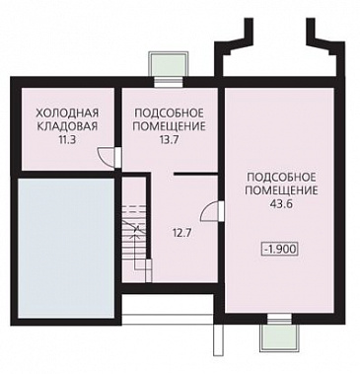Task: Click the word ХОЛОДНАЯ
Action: [61, 112]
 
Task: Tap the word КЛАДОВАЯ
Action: [61, 126]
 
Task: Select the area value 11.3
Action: [61, 141]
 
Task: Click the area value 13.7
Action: [168, 141]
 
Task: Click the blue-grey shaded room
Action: [61, 237]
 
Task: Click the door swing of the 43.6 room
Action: [209, 210]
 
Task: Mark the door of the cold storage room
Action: [112, 157]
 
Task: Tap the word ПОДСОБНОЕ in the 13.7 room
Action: [168, 112]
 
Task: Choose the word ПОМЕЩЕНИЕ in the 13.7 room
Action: [168, 126]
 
